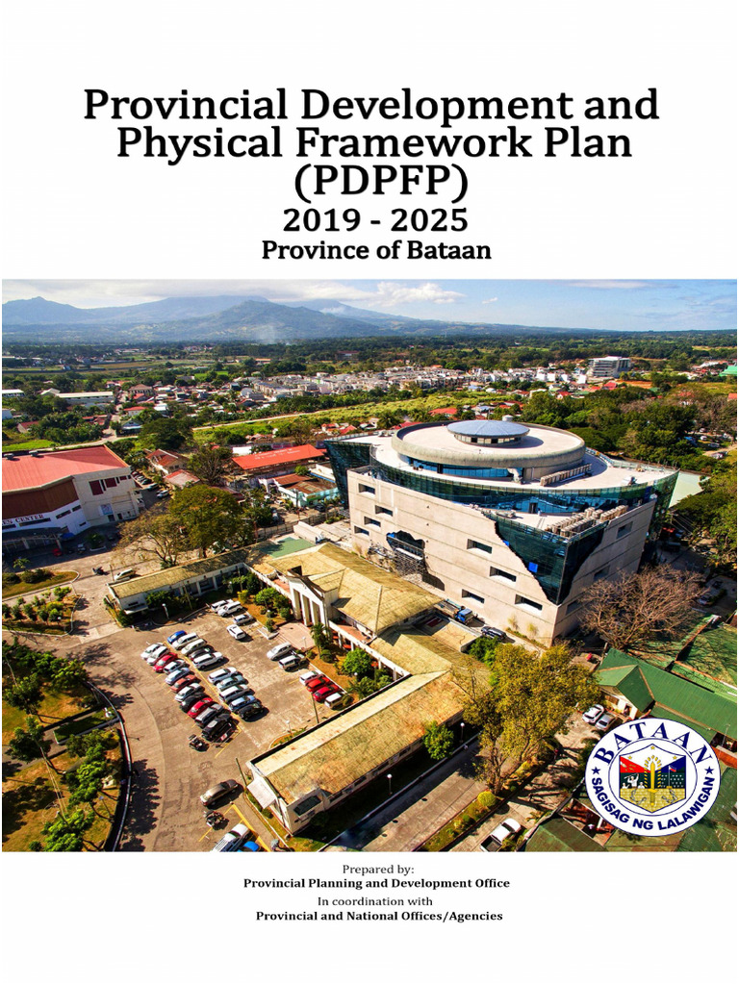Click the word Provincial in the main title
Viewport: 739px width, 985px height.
pos(172,104)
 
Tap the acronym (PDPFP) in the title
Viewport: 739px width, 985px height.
pos(369,180)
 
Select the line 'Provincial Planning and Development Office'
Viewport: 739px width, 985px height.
pos(376,883)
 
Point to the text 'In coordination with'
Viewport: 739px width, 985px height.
pos(375,901)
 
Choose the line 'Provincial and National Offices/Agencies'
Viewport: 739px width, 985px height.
pos(378,916)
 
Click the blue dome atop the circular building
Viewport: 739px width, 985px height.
pos(488,430)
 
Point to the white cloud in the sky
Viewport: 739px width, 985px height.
pos(414,291)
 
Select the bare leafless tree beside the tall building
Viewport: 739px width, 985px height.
pos(640,606)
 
